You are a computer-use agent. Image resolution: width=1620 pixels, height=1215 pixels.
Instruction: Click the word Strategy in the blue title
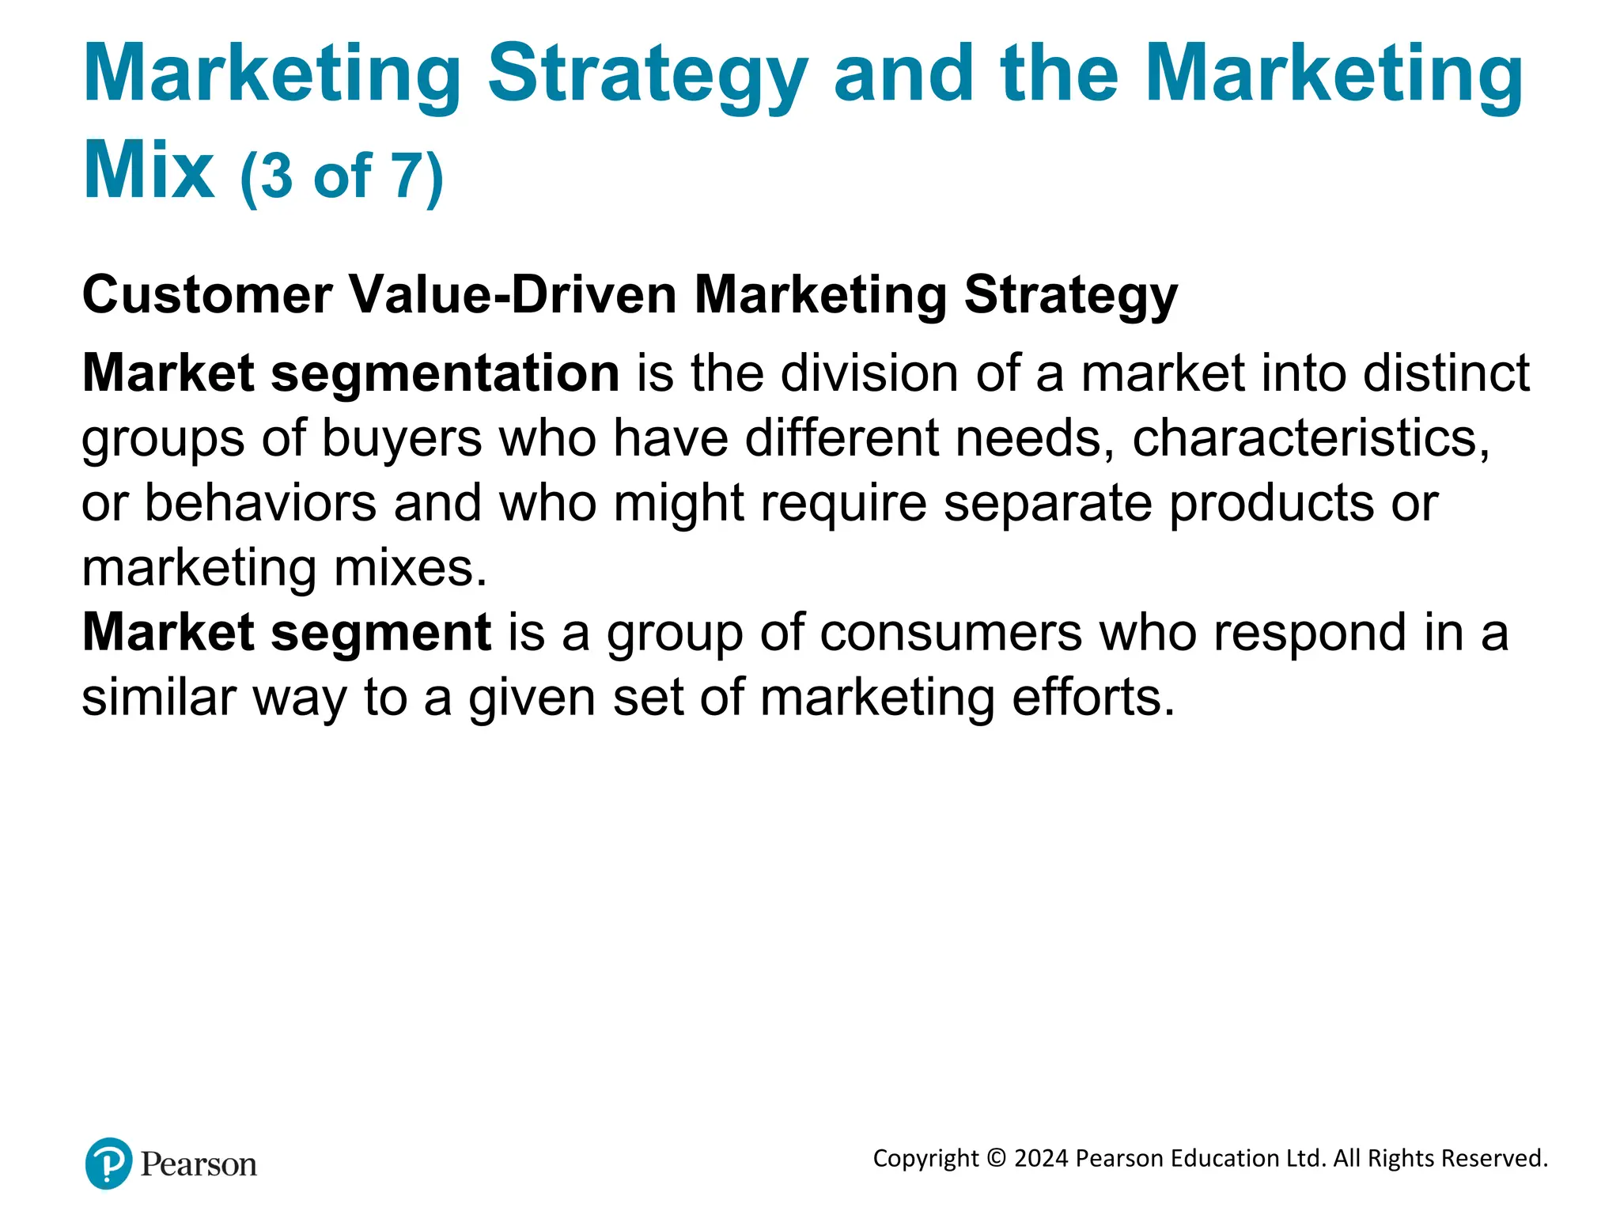647,75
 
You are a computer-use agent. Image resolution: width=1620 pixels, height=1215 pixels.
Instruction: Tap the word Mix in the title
148,170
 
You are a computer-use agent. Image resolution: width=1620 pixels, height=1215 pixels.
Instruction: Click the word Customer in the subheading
207,295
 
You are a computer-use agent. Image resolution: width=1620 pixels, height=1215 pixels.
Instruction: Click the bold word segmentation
445,373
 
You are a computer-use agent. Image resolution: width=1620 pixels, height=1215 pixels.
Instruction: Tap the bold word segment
380,633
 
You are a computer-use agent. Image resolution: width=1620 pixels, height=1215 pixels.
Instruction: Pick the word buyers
401,438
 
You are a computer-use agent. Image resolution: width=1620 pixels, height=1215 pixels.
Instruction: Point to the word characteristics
1310,438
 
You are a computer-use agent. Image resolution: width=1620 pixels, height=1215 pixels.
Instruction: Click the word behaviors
260,503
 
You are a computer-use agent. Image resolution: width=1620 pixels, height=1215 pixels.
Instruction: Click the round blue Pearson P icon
108,1164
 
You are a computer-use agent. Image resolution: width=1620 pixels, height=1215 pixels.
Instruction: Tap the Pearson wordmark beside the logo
199,1165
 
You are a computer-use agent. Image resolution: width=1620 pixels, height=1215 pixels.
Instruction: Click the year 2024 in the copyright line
1041,1159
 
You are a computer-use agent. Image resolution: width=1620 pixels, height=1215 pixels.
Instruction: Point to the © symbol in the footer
997,1159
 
